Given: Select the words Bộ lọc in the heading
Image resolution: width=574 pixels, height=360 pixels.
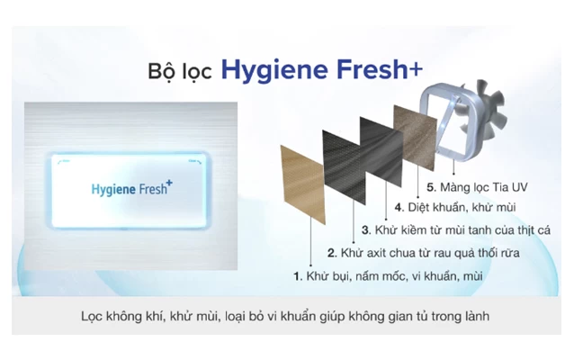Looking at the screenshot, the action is (x=180, y=71).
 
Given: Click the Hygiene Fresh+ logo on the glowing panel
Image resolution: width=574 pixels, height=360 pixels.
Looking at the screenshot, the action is (x=131, y=188).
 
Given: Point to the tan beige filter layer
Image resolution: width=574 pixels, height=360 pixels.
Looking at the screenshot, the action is (x=302, y=184).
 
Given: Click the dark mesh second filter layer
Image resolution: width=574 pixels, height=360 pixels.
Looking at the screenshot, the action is (x=344, y=167).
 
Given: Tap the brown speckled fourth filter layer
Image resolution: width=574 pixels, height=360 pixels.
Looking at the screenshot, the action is (x=416, y=138).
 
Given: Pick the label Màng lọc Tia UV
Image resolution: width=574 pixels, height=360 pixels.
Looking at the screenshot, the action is (x=483, y=187).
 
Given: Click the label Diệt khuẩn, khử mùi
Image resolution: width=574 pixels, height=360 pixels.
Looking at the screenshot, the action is (x=462, y=207).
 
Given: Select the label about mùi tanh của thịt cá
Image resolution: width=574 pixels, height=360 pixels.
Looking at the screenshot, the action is (x=462, y=230).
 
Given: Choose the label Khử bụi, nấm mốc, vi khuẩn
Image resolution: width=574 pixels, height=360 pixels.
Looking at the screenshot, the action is (x=394, y=275).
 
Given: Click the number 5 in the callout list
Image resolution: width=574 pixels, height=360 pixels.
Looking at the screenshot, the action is (x=431, y=187).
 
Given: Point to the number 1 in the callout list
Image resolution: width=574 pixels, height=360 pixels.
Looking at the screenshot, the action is (x=297, y=276).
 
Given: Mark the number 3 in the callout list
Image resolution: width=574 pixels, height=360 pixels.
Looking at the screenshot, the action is (x=365, y=230).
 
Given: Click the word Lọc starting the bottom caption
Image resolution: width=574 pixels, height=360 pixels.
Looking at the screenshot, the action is (x=92, y=316).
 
